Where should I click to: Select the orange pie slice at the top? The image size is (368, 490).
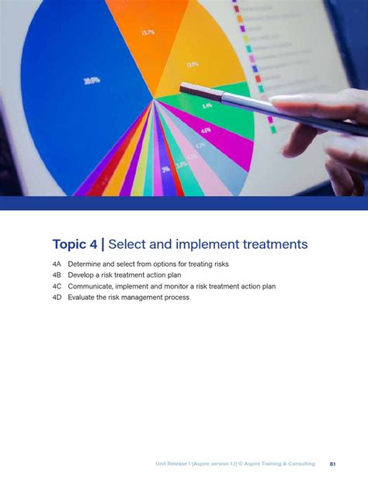(148, 31)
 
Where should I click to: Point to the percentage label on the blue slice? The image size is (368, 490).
(92, 80)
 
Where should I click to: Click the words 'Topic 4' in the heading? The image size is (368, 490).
(75, 245)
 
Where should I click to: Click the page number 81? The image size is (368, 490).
(333, 464)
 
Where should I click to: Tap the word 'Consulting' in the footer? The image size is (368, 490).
(300, 464)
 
